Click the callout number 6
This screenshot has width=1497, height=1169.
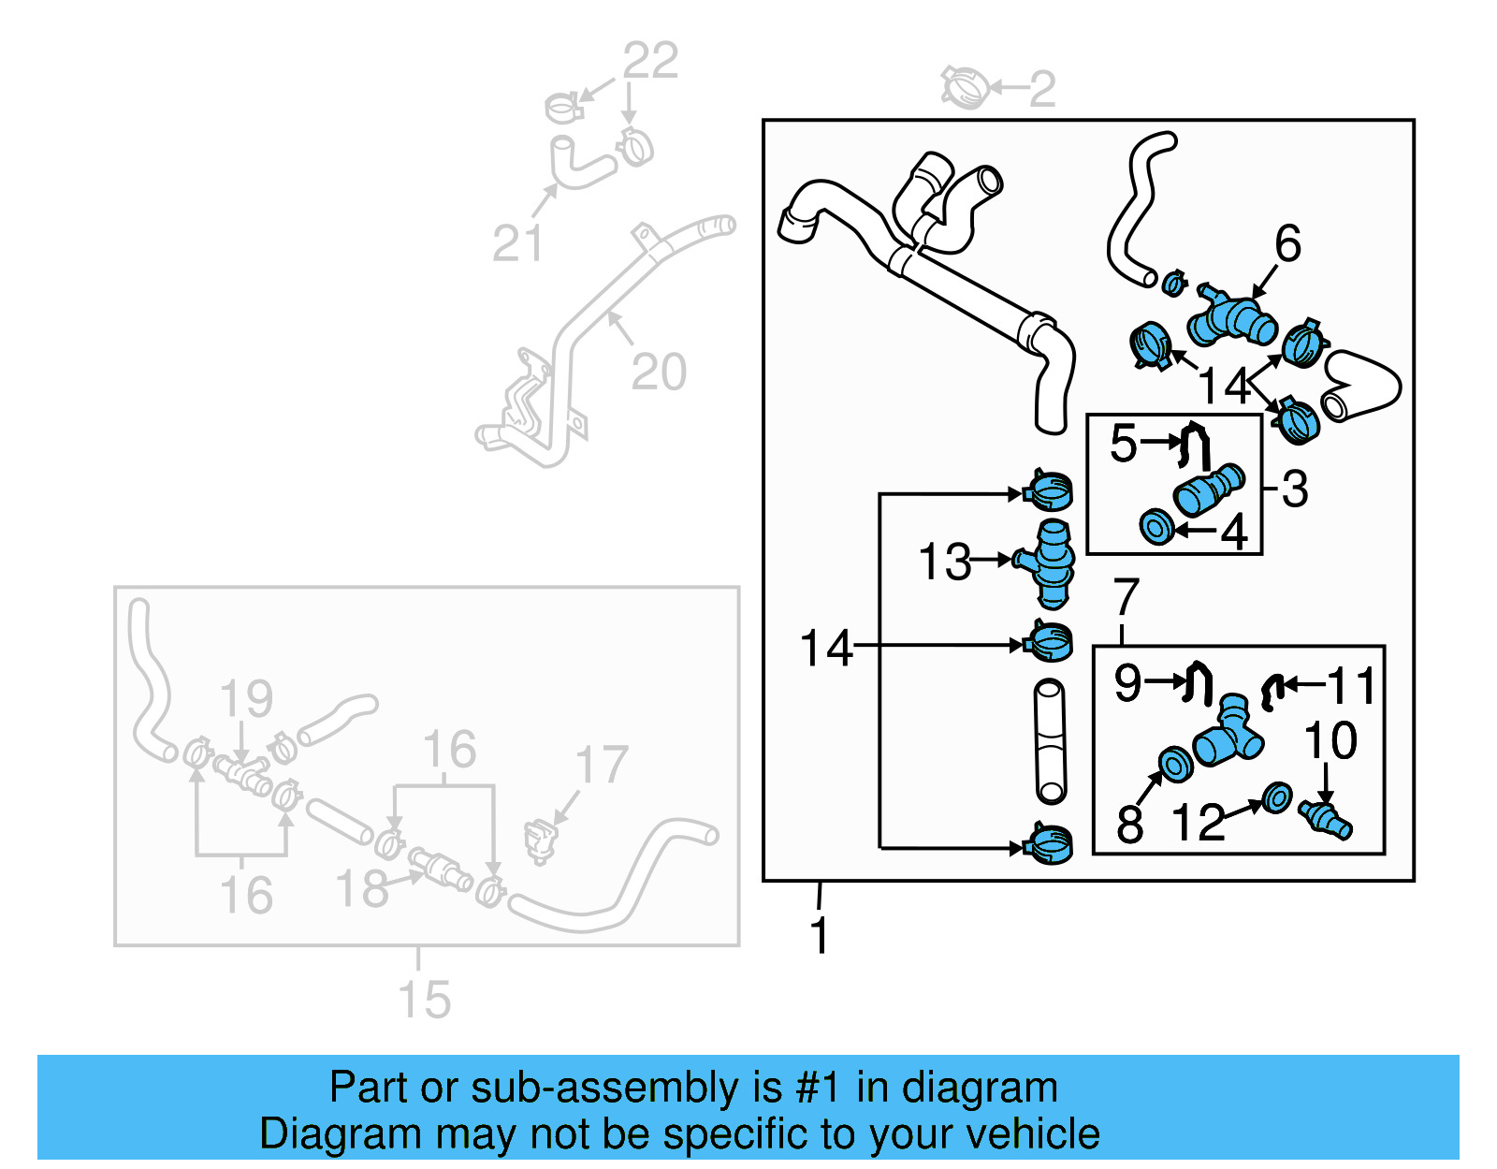[x=1287, y=244]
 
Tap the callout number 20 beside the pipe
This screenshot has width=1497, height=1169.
[x=659, y=373]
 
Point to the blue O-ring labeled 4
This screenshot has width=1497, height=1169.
[x=1156, y=527]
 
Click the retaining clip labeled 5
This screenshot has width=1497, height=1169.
[x=1195, y=446]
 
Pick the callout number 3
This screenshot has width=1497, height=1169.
[x=1295, y=489]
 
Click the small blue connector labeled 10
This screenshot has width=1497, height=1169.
[x=1326, y=820]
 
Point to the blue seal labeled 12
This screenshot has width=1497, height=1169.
[x=1276, y=798]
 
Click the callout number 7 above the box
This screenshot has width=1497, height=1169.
[x=1126, y=597]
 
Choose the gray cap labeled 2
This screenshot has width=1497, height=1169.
[x=964, y=87]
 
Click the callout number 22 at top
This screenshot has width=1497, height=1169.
[x=650, y=62]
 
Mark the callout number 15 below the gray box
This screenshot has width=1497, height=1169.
[x=425, y=1000]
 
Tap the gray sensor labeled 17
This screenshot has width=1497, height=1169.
[x=541, y=839]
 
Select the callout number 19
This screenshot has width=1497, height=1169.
[x=246, y=699]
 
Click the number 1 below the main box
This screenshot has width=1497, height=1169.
[x=820, y=935]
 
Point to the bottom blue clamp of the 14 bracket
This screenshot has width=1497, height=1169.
[x=1049, y=844]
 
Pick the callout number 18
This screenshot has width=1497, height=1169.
[x=362, y=889]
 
